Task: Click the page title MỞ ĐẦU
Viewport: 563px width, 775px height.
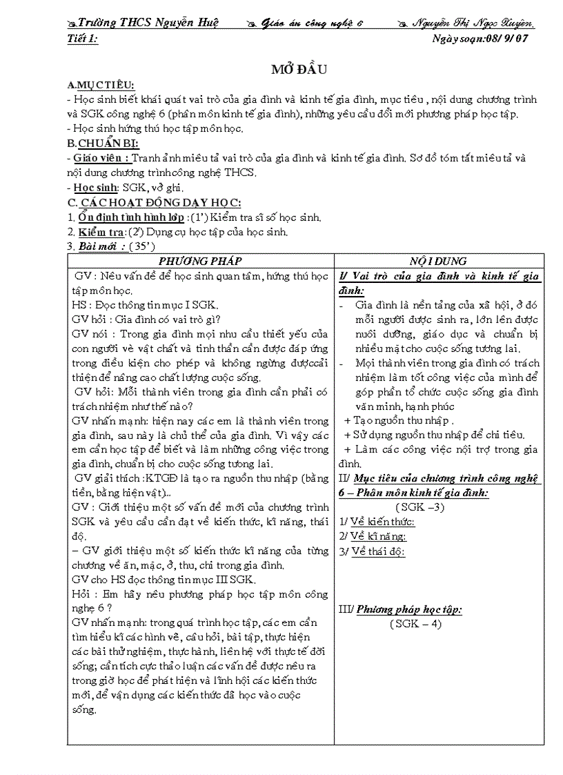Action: tap(299, 69)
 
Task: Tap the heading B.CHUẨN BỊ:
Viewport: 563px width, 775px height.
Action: tap(103, 144)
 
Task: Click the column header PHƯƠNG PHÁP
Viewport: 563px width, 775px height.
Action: tap(200, 261)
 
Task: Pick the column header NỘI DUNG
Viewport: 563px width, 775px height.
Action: tap(437, 261)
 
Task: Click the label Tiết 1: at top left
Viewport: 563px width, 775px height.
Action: tap(83, 39)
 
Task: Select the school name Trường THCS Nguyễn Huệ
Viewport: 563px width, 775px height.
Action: tap(148, 23)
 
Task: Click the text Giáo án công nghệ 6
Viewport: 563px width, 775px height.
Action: tap(312, 23)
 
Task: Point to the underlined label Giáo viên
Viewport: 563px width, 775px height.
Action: tap(101, 158)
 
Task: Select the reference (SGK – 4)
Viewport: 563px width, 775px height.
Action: tap(415, 624)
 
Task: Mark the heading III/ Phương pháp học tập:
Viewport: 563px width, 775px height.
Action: tap(399, 609)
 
